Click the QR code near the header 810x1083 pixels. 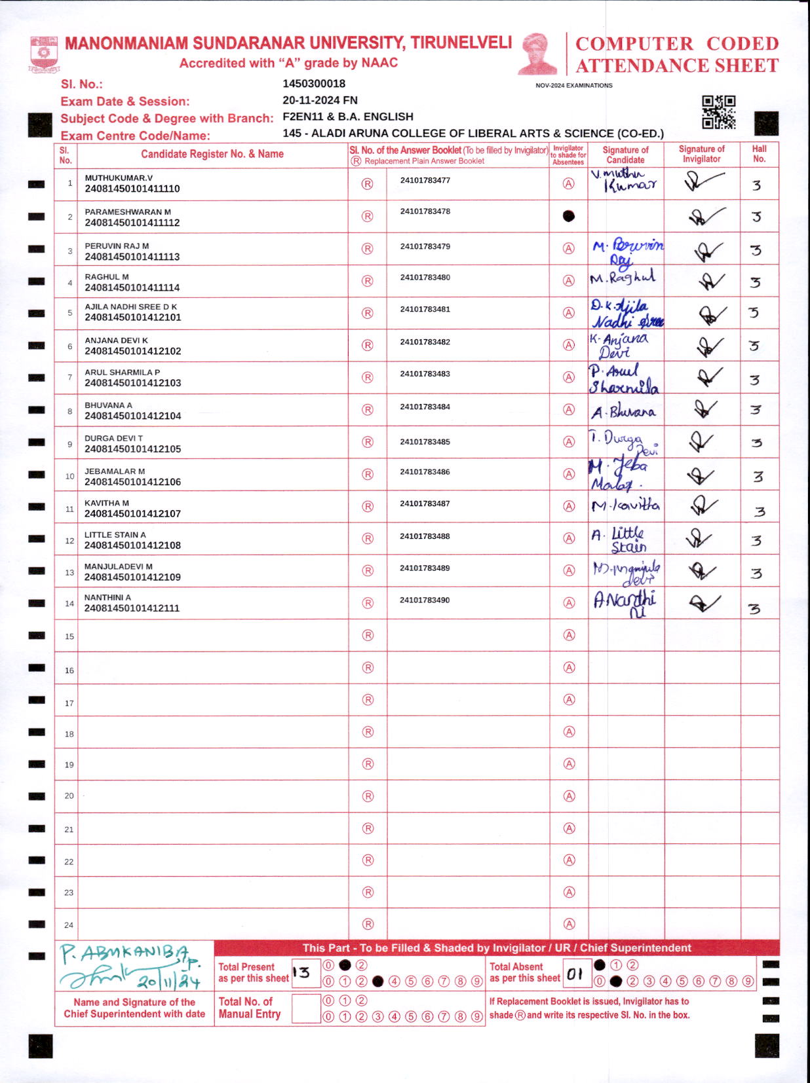pyautogui.click(x=718, y=112)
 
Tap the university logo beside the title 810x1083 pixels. pyautogui.click(x=44, y=54)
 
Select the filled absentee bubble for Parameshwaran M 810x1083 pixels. pyautogui.click(x=569, y=216)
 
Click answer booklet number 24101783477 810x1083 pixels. pyautogui.click(x=425, y=180)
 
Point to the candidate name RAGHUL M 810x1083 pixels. pyautogui.click(x=107, y=277)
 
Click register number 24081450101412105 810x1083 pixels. pyautogui.click(x=132, y=449)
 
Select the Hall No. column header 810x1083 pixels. pyautogui.click(x=759, y=154)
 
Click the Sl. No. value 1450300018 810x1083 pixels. pyautogui.click(x=314, y=84)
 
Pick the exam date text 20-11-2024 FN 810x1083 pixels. pyautogui.click(x=320, y=100)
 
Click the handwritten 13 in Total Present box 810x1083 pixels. pyautogui.click(x=302, y=973)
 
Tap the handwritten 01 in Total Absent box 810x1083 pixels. pyautogui.click(x=575, y=974)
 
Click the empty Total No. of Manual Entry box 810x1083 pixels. pyautogui.click(x=305, y=1008)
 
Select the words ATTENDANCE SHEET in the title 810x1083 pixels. pyautogui.click(x=677, y=66)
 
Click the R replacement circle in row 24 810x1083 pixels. pyautogui.click(x=368, y=924)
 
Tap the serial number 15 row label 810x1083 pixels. pyautogui.click(x=69, y=636)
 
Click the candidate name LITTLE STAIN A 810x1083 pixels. pyautogui.click(x=115, y=535)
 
